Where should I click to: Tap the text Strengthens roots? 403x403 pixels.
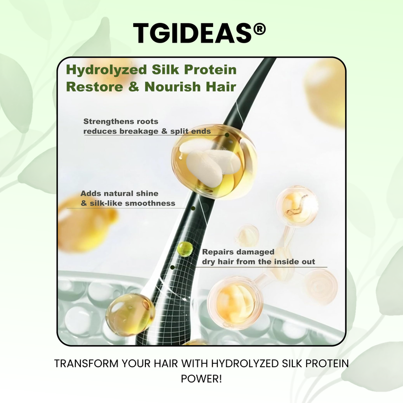[120, 121]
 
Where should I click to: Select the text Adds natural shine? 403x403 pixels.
[119, 193]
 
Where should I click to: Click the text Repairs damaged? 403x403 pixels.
[238, 252]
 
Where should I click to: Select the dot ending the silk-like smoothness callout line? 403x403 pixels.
[193, 208]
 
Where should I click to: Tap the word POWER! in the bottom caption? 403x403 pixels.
[202, 379]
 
